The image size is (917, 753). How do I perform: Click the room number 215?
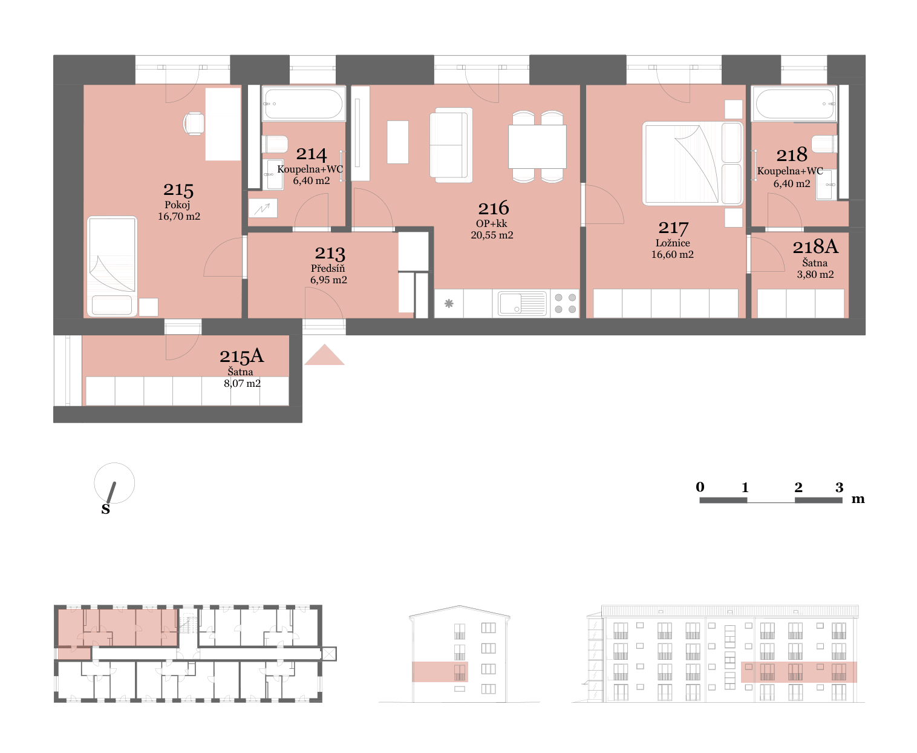point(178,189)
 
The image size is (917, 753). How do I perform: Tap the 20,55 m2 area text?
point(492,235)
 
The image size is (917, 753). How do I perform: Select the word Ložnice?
point(672,243)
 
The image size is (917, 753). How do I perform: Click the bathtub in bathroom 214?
point(304,104)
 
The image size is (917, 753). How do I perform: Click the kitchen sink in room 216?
point(522,303)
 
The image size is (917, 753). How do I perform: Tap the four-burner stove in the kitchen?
point(565,303)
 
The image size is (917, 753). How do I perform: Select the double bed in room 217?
point(692,163)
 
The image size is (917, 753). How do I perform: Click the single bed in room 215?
point(112,266)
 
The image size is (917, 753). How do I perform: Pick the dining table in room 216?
point(537,146)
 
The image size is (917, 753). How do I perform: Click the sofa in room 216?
point(451,145)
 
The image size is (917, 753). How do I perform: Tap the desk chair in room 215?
point(194,123)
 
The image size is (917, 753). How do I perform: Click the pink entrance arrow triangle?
point(324,354)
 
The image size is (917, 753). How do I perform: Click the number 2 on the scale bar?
point(798,487)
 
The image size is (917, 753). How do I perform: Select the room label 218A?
point(815,246)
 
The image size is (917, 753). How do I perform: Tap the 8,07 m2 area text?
point(242,383)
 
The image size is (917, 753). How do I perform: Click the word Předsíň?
point(327,268)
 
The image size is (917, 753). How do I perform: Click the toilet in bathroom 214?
point(275,143)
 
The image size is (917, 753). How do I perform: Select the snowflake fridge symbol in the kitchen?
point(449,303)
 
